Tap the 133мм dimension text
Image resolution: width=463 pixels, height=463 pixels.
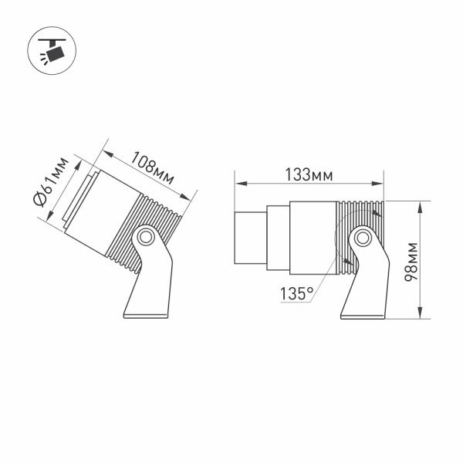[x=309, y=175]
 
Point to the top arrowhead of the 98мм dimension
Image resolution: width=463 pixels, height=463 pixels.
[x=421, y=205]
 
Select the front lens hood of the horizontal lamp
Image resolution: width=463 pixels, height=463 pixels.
[x=250, y=238]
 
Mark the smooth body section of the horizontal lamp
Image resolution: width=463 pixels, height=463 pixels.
[x=313, y=238]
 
